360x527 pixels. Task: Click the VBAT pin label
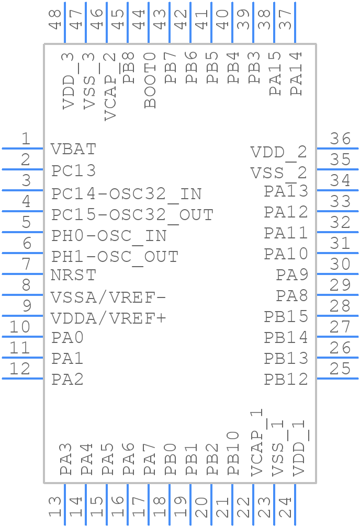(74, 149)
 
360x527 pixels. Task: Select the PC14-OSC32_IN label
(126, 194)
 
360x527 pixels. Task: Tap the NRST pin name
(74, 275)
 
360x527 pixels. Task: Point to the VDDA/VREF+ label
(108, 318)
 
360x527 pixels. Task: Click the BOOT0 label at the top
(151, 79)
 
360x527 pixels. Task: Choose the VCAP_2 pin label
(110, 86)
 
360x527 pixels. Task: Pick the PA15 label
(276, 73)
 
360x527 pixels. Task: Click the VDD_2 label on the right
(278, 153)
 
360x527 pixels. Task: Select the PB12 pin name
(286, 379)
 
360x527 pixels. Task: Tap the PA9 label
(292, 274)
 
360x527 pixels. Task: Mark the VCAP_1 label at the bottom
(256, 443)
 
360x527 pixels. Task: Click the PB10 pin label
(234, 453)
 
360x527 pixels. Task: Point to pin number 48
(54, 19)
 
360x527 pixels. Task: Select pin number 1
(26, 139)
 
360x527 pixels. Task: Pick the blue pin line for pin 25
(337, 378)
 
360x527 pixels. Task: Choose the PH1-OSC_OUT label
(115, 257)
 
